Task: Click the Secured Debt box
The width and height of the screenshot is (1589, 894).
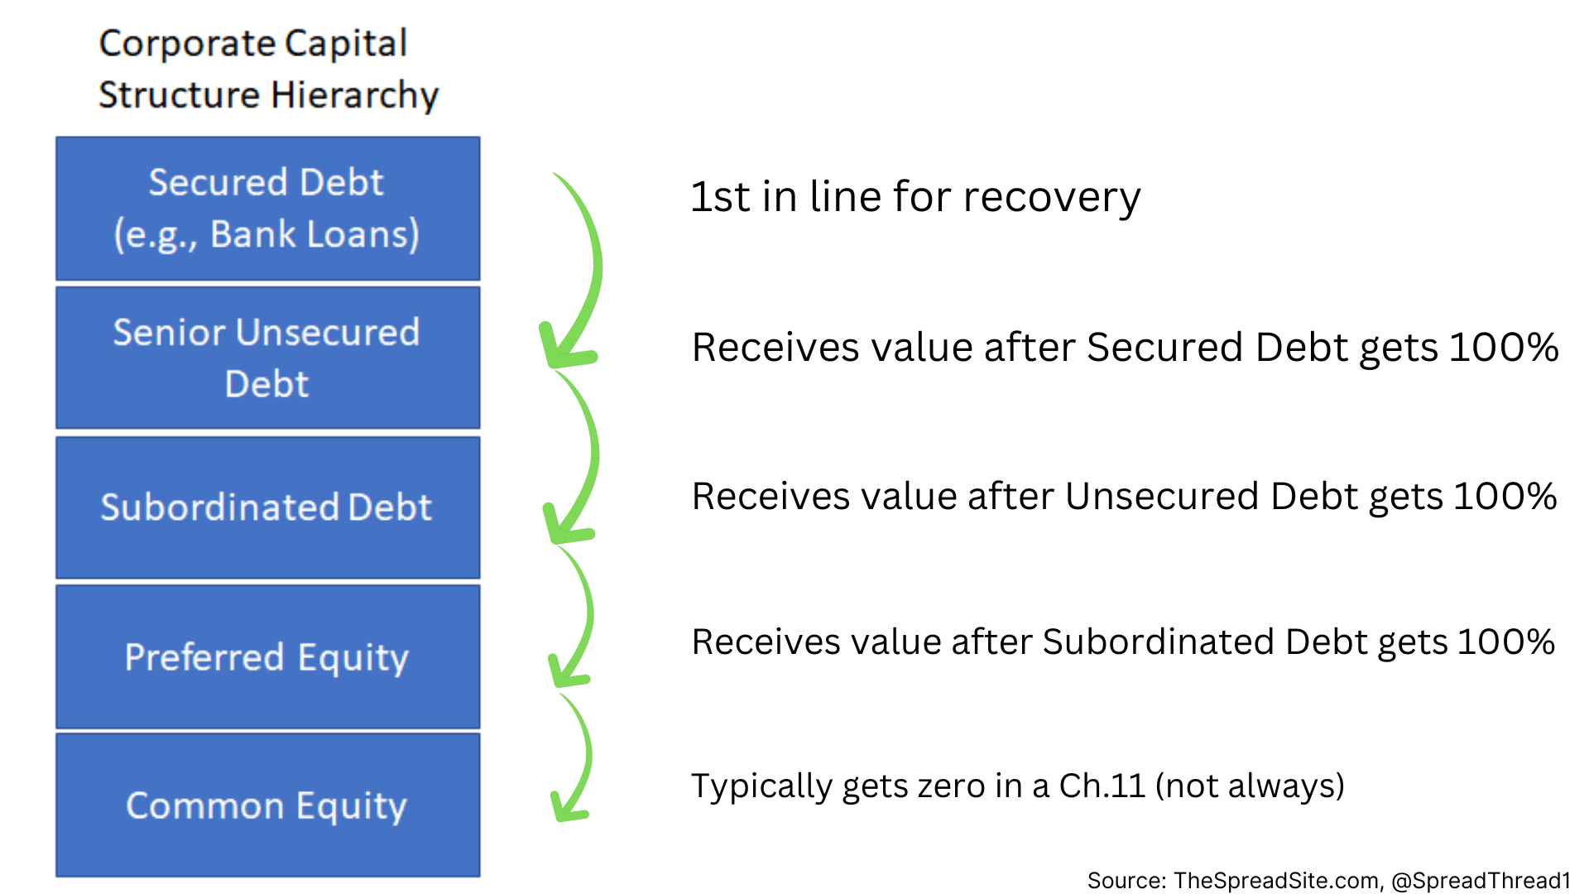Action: (x=267, y=209)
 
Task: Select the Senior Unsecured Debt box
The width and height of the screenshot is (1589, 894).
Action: (x=267, y=358)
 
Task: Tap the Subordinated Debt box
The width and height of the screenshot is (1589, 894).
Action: (x=267, y=507)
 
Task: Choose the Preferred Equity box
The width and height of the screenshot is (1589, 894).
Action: (x=267, y=657)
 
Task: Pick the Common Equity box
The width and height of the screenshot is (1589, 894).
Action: (x=267, y=805)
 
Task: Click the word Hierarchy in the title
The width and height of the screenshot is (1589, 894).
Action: (x=355, y=95)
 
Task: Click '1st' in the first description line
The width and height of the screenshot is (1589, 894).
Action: (x=720, y=197)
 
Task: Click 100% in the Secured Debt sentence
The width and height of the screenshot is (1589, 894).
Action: (x=1504, y=347)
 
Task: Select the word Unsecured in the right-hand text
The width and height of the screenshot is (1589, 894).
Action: (x=1163, y=497)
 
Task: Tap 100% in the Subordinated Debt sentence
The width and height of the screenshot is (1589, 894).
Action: (x=1505, y=642)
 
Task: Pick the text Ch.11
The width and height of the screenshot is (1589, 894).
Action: (x=1102, y=786)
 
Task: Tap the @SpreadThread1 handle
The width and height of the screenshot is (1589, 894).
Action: (x=1481, y=880)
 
